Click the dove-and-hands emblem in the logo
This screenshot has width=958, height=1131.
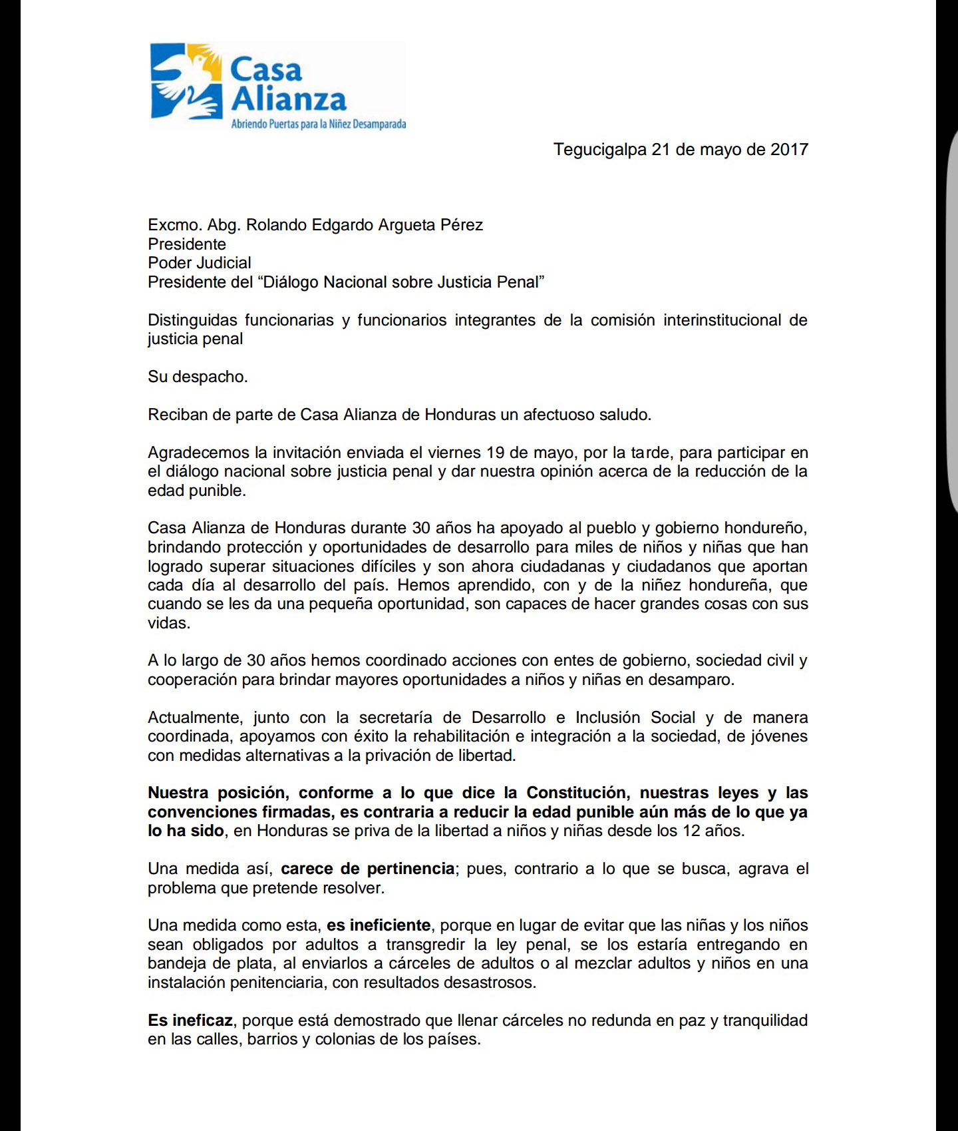click(186, 81)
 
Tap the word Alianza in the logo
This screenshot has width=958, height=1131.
click(289, 99)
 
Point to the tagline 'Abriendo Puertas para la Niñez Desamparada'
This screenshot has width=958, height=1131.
click(318, 124)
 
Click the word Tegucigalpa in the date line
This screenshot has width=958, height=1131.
click(600, 149)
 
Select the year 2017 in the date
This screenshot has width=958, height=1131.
click(789, 149)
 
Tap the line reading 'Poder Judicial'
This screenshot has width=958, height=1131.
click(199, 263)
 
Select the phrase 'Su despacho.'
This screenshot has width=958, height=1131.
click(198, 377)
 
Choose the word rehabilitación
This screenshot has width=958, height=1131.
click(462, 736)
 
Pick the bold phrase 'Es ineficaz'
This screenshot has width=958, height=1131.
click(190, 1020)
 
